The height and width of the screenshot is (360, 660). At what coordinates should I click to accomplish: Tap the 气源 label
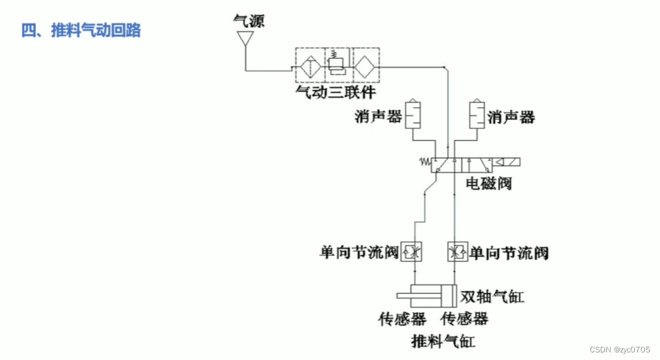coord(248,21)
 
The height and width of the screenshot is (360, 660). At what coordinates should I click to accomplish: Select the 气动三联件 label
coord(335,93)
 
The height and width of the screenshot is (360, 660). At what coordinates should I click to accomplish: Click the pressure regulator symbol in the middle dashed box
coord(337,64)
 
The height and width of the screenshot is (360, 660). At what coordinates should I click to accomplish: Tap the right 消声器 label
coord(511,117)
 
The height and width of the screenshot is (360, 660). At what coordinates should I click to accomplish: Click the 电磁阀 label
coord(488,184)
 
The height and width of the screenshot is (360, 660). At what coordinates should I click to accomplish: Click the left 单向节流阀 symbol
coord(414,252)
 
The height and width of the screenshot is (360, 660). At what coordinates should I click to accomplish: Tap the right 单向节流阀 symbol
coord(455,252)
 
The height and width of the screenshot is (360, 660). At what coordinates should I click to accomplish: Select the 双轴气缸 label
coord(493,296)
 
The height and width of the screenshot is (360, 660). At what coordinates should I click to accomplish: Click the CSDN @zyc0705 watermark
coord(620,350)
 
